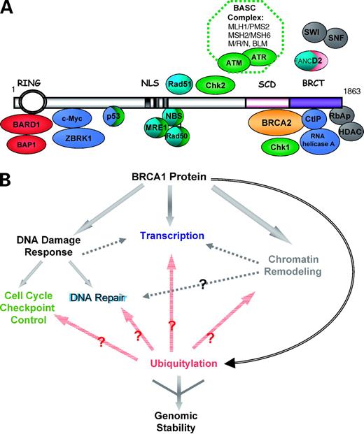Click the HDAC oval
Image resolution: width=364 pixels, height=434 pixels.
348,135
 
